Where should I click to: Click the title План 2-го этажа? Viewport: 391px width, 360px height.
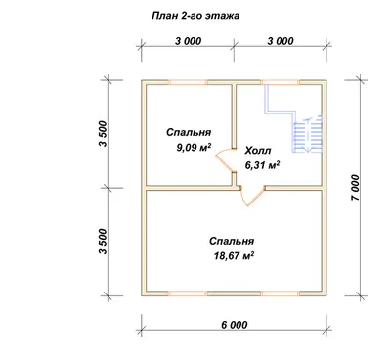195,16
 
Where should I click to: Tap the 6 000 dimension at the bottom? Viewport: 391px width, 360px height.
235,325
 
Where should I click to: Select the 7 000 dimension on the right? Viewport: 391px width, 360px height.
356,188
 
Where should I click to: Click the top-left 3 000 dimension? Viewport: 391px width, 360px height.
188,41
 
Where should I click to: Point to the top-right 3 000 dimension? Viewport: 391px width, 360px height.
281,41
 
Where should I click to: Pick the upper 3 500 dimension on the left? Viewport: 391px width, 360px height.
103,134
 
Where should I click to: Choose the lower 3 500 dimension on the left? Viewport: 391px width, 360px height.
103,242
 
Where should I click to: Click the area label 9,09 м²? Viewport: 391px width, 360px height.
194,148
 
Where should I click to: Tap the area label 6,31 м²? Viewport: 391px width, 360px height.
263,165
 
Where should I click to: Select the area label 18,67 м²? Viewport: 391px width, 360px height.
234,256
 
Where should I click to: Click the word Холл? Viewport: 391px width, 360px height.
258,151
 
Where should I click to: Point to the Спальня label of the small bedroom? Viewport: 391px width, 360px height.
189,132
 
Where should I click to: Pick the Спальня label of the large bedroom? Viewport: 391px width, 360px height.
232,241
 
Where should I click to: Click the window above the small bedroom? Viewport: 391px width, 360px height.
188,82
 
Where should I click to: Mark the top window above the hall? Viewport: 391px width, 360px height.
281,82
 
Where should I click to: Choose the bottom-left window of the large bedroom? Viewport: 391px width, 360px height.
188,293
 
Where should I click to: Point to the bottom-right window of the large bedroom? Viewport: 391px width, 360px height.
281,293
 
